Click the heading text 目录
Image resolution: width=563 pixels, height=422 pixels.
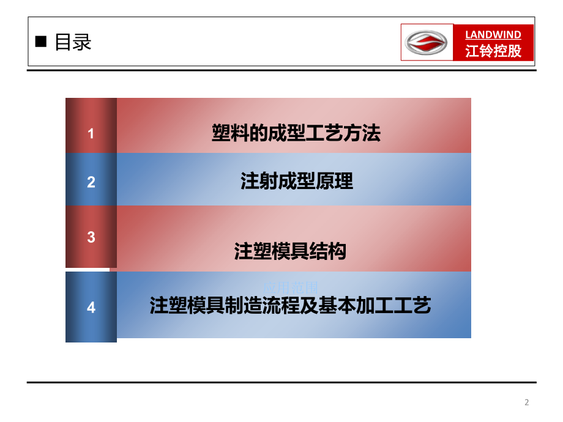(73, 42)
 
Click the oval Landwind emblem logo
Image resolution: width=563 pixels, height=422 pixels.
(427, 43)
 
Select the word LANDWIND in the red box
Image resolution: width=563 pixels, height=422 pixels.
(493, 35)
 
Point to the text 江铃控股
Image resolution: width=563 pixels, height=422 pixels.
(493, 51)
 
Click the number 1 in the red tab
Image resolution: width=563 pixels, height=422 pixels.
(91, 133)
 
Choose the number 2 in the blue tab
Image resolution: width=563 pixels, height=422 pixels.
(91, 182)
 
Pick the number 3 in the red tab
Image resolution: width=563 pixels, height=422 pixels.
(91, 237)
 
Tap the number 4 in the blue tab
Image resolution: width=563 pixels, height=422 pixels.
(91, 307)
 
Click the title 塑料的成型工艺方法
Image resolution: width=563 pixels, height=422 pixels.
(296, 133)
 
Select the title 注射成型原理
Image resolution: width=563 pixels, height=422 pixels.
(297, 182)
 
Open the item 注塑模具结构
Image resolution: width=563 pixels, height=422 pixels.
(291, 251)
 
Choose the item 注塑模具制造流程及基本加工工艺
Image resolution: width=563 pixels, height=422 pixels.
(291, 305)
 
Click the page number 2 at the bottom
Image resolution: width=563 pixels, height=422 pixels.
(526, 402)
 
